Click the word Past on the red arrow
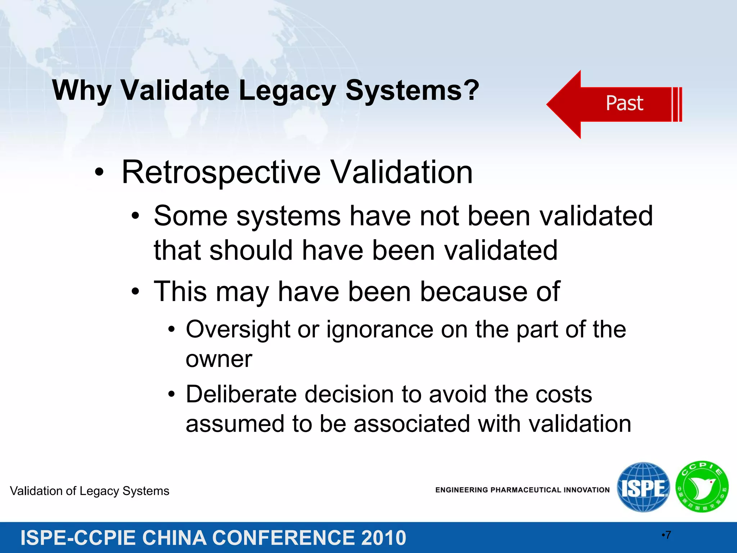click(x=624, y=103)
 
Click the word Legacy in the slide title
click(x=287, y=91)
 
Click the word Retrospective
click(x=221, y=173)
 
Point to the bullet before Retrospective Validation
click(x=99, y=173)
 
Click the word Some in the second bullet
click(x=190, y=216)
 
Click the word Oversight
click(x=238, y=329)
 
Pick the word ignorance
click(x=380, y=329)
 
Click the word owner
click(x=219, y=359)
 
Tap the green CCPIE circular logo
click(x=702, y=487)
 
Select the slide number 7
click(x=668, y=535)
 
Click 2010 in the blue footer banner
click(x=383, y=538)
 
